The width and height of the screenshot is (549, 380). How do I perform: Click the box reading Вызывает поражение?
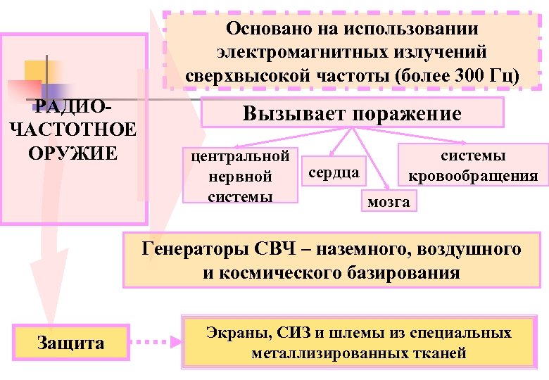point(352,113)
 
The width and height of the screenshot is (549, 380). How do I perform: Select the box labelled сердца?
point(333,172)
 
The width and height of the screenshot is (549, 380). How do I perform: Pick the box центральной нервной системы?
point(240,175)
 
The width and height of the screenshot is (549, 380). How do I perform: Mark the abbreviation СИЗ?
point(285,332)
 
